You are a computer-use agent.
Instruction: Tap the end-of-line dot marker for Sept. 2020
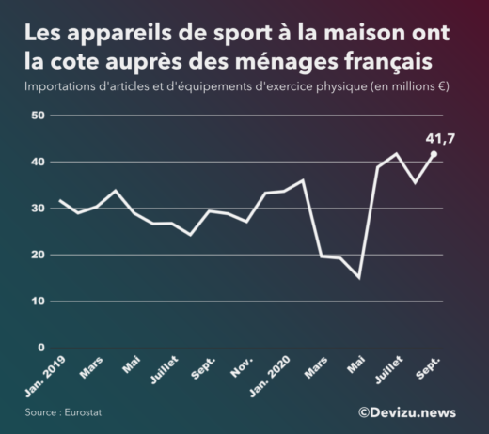click(434, 153)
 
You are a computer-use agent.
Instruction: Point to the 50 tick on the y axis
click(39, 116)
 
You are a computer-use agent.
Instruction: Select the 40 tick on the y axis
click(39, 162)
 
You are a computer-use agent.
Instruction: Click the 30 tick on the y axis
click(39, 209)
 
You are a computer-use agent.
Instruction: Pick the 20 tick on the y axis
click(39, 255)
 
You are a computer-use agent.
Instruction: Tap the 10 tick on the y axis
click(39, 302)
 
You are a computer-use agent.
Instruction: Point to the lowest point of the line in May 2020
click(358, 278)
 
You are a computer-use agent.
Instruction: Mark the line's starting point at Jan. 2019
click(59, 200)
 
